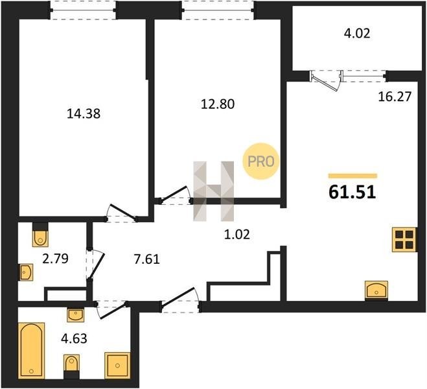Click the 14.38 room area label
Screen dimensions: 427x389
[x=84, y=113]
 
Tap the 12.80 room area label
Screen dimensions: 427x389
[x=218, y=104]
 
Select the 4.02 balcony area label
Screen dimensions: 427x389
[x=357, y=34]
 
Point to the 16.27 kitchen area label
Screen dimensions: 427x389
[x=395, y=97]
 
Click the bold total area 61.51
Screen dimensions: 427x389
[x=352, y=192]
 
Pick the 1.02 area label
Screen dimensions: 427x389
[x=237, y=234]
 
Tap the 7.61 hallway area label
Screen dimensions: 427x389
[x=147, y=259]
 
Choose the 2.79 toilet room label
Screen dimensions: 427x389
[x=55, y=259]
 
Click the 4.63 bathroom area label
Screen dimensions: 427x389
[x=74, y=338]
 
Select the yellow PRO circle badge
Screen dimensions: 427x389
[x=261, y=161]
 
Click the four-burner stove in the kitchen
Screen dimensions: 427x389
[x=404, y=240]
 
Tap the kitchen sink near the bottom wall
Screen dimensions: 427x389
[x=376, y=291]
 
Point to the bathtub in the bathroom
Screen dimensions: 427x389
[x=31, y=350]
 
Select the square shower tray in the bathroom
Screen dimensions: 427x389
[x=117, y=365]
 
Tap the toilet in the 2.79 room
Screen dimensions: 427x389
[x=40, y=235]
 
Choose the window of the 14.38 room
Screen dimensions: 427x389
[x=83, y=10]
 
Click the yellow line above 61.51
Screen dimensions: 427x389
[x=352, y=176]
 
